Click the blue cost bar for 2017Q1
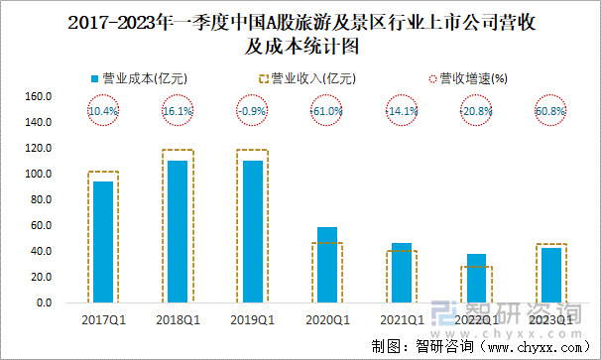click(x=103, y=242)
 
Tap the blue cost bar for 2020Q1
click(x=327, y=265)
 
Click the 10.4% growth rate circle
click(x=103, y=112)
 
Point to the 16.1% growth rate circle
click(x=178, y=112)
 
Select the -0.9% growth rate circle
click(x=252, y=112)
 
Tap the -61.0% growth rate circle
click(x=327, y=112)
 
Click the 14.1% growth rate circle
click(x=402, y=112)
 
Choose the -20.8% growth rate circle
click(x=476, y=112)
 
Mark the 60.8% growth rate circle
click(x=550, y=112)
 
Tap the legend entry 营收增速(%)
click(x=465, y=77)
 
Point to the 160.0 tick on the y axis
click(x=39, y=97)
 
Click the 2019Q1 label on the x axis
click(x=252, y=319)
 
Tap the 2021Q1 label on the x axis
click(x=402, y=319)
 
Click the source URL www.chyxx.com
click(x=533, y=347)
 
